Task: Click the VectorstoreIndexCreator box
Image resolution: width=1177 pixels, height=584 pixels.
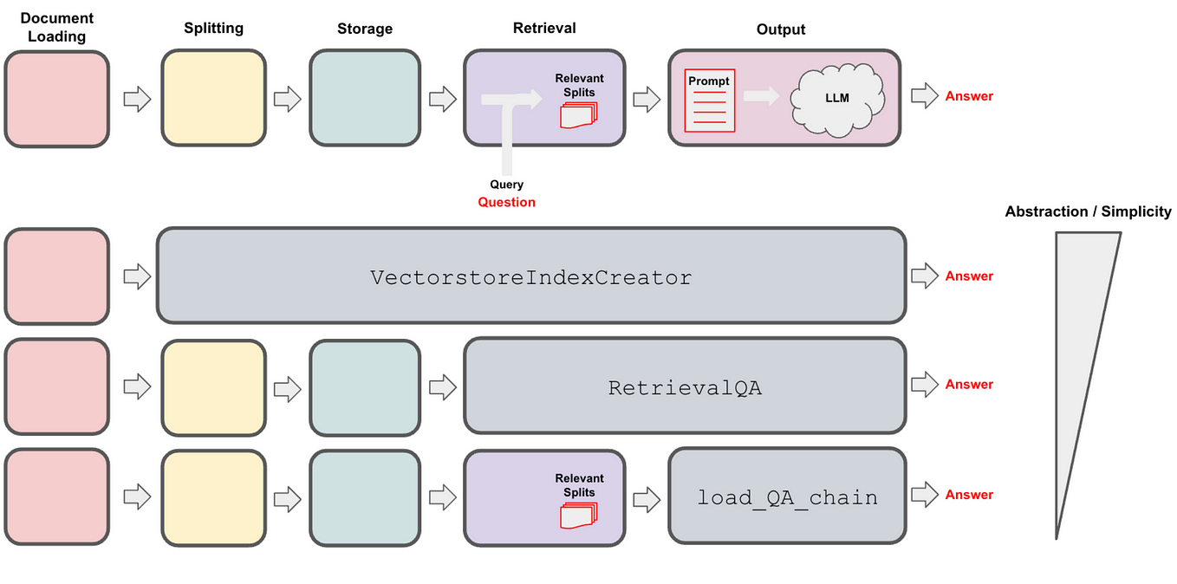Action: coord(531,276)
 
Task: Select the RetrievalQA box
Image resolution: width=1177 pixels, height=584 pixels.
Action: coord(686,386)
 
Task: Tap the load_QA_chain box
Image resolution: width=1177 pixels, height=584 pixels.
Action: coord(787,496)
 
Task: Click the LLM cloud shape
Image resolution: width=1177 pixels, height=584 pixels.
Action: coord(837,100)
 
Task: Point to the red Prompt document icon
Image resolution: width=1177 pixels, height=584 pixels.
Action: coord(709,101)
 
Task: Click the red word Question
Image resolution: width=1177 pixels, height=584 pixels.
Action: coord(506,202)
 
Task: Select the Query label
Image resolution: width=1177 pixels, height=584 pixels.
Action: coord(506,185)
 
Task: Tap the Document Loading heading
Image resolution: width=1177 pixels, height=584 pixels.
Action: coord(56,28)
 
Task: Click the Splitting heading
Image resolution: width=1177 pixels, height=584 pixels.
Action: coord(213,28)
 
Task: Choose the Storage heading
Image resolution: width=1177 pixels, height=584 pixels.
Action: coord(365,29)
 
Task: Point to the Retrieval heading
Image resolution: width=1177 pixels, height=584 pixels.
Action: coord(544,28)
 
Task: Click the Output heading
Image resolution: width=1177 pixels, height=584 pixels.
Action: coord(781,29)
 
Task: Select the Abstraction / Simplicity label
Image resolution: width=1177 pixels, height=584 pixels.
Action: coord(1089,211)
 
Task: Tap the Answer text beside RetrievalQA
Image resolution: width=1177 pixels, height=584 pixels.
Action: coord(969,385)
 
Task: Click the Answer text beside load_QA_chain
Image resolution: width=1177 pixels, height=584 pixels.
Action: coord(969,495)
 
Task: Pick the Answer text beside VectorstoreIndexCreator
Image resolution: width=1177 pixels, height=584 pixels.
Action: coord(969,276)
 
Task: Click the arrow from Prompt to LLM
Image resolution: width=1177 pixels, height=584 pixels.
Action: coord(761,95)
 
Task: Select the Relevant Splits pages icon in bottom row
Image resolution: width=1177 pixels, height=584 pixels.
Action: coord(579,516)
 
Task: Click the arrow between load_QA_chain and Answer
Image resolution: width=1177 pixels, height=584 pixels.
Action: coord(925,494)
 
